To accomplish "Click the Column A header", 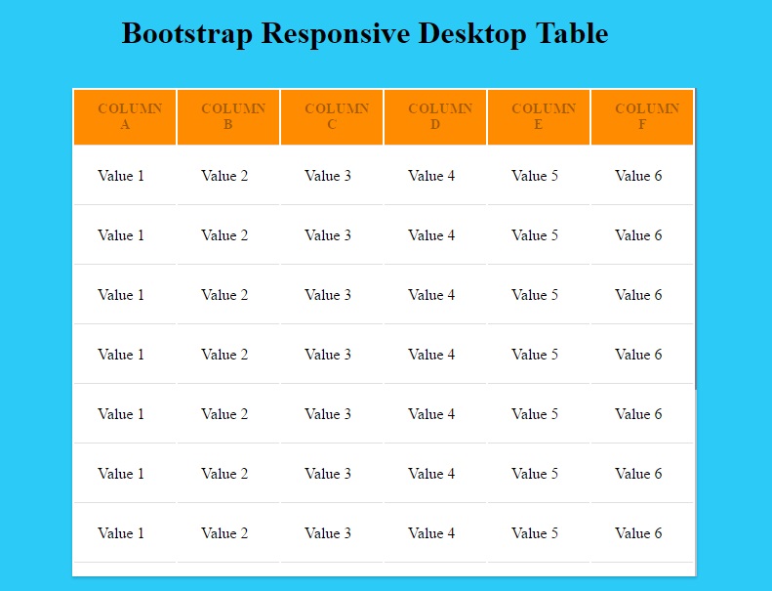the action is (125, 117).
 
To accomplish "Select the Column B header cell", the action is (228, 117).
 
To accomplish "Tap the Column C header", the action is (332, 117).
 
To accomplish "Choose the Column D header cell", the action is (435, 117).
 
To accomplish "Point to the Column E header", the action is (539, 117).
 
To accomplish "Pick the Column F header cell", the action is (642, 117).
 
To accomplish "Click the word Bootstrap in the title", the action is (187, 34).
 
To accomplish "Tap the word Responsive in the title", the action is (336, 34).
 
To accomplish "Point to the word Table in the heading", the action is (572, 33).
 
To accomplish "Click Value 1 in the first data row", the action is (121, 176).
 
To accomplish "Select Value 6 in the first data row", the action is (638, 176).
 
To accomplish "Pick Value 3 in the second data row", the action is (328, 235).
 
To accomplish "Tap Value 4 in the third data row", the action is (431, 295).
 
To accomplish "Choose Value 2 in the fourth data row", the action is (224, 355).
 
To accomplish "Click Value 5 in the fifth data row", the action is (535, 414).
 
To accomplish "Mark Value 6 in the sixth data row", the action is (638, 474).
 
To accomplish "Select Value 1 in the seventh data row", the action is (121, 533).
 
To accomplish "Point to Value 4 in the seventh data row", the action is (431, 533).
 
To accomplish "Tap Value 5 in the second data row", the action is (535, 235).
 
